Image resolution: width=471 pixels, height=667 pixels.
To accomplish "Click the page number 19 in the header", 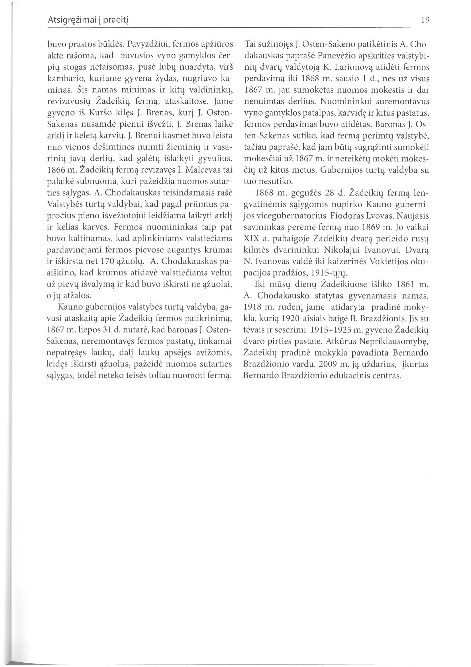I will pyautogui.click(x=425, y=21).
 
